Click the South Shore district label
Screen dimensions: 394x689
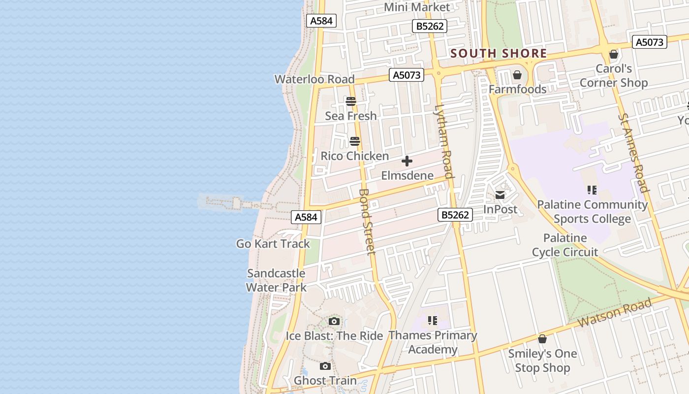tap(498, 53)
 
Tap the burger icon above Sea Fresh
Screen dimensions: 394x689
tap(351, 102)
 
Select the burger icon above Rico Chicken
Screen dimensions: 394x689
tap(355, 142)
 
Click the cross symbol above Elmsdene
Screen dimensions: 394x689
tap(407, 161)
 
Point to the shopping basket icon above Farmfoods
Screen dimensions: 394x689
tap(517, 75)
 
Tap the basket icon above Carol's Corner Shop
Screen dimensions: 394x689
tap(614, 54)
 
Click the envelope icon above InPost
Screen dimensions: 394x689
tap(500, 195)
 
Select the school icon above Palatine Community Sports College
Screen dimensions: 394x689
tap(592, 190)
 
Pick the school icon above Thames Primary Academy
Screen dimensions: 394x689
tap(433, 321)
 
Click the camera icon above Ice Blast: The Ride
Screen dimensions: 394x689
tap(334, 322)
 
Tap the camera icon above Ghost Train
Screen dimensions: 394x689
tap(325, 366)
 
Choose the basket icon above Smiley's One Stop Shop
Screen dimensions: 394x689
tap(542, 339)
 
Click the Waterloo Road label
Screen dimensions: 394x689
tap(314, 79)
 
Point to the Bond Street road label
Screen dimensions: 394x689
tap(368, 221)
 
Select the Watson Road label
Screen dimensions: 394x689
tap(615, 313)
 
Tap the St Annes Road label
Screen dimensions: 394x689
tap(633, 152)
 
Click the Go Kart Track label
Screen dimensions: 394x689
tap(273, 244)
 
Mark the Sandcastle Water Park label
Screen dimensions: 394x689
tap(276, 280)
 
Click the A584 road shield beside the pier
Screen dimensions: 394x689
tap(306, 217)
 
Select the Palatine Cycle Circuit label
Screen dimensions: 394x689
tap(565, 245)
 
